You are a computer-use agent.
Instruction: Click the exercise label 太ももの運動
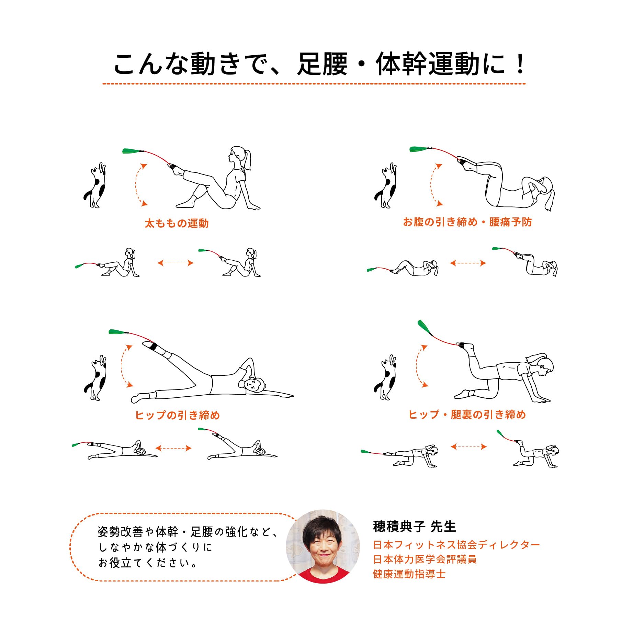(x=177, y=224)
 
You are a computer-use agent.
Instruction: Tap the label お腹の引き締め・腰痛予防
(x=467, y=222)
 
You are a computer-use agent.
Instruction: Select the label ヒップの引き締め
(x=177, y=415)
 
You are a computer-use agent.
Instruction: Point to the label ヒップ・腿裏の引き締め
(x=467, y=415)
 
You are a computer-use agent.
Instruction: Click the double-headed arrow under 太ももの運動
(x=175, y=263)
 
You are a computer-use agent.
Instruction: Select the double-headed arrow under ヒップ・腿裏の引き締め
(x=468, y=447)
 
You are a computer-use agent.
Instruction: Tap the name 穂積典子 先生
(x=414, y=527)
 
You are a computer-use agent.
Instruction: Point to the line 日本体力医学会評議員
(x=425, y=559)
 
